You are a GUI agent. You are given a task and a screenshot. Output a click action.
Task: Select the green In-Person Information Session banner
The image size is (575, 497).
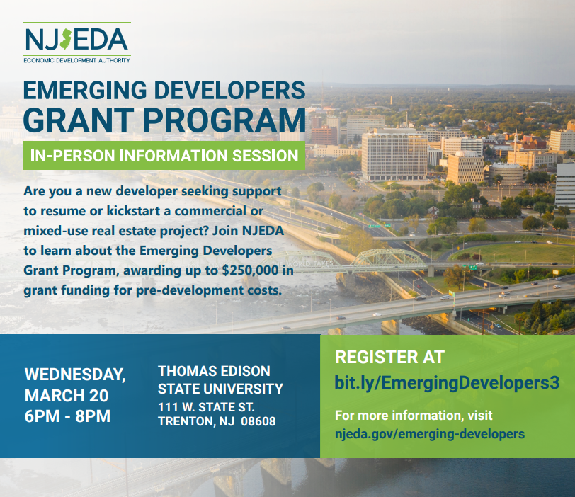coord(164,155)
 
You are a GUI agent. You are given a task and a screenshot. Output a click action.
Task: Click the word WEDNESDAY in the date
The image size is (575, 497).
coord(75,373)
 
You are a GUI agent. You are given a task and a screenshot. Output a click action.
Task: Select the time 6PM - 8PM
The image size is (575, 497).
coord(67,416)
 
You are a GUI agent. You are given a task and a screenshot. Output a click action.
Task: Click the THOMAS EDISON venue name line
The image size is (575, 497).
coord(213,372)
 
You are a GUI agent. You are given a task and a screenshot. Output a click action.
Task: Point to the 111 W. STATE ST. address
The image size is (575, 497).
coord(206,407)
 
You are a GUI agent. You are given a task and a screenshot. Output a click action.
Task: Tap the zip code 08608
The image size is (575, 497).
coord(258,421)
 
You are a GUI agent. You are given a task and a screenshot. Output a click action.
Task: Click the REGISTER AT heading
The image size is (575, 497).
coord(389,357)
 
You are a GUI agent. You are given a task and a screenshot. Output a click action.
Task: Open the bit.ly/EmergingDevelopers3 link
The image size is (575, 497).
coord(447,383)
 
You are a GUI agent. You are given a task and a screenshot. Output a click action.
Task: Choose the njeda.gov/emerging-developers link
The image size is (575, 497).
coord(430,433)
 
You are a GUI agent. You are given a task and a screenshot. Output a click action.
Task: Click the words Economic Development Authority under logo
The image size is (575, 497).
coord(76,61)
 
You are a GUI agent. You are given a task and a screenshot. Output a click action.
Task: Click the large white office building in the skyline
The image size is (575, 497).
coord(394,154)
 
